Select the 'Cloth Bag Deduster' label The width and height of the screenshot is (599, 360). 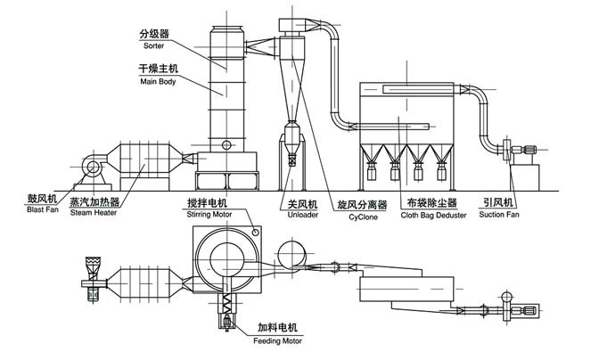coord(433,216)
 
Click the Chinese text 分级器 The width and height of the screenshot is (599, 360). coord(153,32)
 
